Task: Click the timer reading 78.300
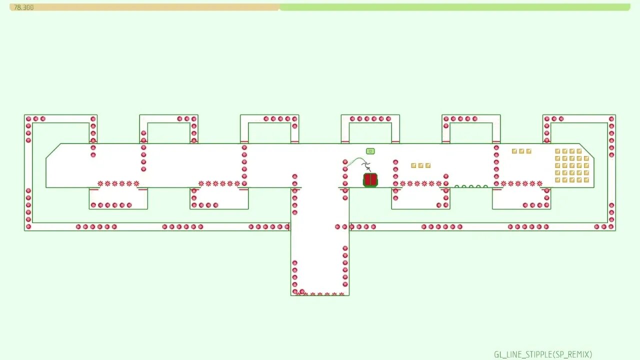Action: click(x=23, y=7)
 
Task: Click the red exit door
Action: click(x=370, y=180)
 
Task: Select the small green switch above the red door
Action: click(x=370, y=151)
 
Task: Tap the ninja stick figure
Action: click(x=366, y=165)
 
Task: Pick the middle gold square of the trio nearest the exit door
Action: click(x=420, y=165)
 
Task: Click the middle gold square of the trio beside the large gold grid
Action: click(x=521, y=151)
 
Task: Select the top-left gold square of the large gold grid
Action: click(x=557, y=151)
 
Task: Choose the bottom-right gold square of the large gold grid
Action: click(x=586, y=180)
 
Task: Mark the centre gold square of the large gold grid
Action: click(x=572, y=165)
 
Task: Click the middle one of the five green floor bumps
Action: click(x=471, y=186)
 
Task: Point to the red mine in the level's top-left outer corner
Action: click(x=28, y=119)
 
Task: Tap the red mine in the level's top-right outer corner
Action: click(x=611, y=119)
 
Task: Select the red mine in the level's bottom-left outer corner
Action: click(x=28, y=226)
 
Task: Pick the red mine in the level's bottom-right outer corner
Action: click(x=611, y=226)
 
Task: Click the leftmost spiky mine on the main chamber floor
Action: click(x=100, y=183)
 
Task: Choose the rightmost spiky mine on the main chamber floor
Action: click(x=539, y=183)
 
